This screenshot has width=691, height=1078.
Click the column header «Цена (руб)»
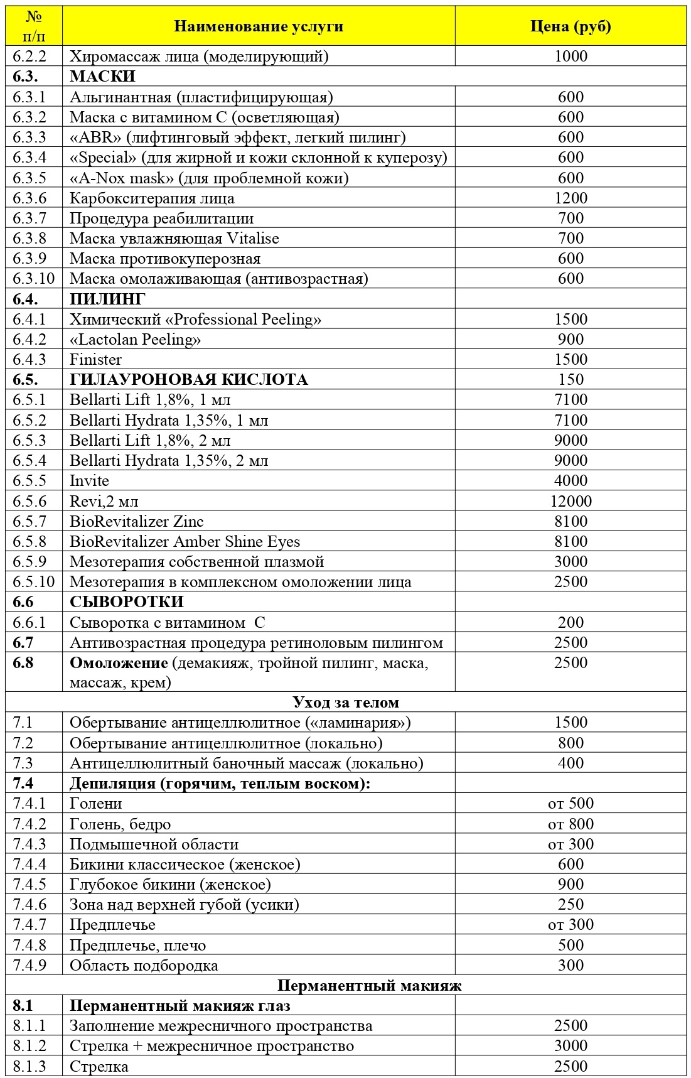pos(570,26)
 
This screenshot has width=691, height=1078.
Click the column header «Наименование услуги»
pos(259,26)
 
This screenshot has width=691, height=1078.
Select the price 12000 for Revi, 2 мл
pos(570,501)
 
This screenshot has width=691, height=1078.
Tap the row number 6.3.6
pos(29,198)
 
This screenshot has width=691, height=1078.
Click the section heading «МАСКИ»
pos(102,77)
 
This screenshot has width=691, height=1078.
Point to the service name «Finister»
pos(95,360)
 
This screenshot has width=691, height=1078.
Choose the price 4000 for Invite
pos(570,481)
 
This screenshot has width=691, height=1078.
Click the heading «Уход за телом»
pos(346,702)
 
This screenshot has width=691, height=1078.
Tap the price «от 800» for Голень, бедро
pos(570,824)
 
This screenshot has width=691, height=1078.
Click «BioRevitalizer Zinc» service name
pos(136,521)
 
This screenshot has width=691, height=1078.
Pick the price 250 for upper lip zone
pos(570,904)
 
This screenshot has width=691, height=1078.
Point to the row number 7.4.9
pos(29,965)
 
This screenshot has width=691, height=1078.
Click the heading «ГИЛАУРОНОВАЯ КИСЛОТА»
pos(188,380)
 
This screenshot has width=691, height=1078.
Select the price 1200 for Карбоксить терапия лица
pos(570,198)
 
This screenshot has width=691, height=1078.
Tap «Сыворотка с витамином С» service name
pos(167,622)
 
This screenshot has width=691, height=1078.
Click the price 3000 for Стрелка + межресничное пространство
pos(570,1045)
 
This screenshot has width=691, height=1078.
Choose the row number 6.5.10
pos(33,581)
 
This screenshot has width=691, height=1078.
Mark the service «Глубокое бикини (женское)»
pos(170,884)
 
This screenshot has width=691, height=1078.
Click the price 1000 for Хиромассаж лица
pos(570,57)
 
